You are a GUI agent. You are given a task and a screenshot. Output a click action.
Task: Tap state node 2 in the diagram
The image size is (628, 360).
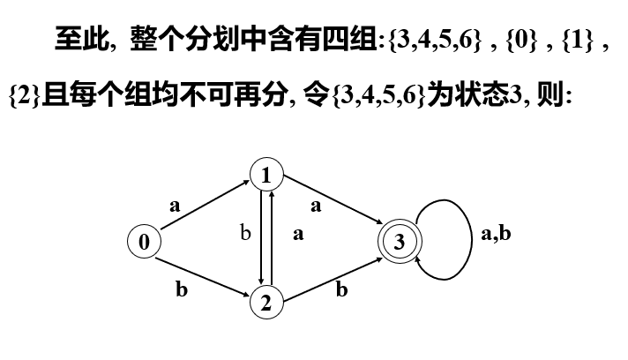click(265, 303)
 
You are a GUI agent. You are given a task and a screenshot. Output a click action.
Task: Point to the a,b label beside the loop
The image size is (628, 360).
click(496, 235)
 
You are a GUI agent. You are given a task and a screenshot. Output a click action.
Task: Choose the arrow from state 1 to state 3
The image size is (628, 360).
click(332, 208)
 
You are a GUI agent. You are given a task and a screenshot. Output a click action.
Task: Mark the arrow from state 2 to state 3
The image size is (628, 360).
click(332, 274)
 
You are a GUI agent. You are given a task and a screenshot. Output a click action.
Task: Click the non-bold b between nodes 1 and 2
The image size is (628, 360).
click(247, 235)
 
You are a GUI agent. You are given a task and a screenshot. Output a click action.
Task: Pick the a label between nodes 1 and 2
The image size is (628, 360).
click(298, 235)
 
